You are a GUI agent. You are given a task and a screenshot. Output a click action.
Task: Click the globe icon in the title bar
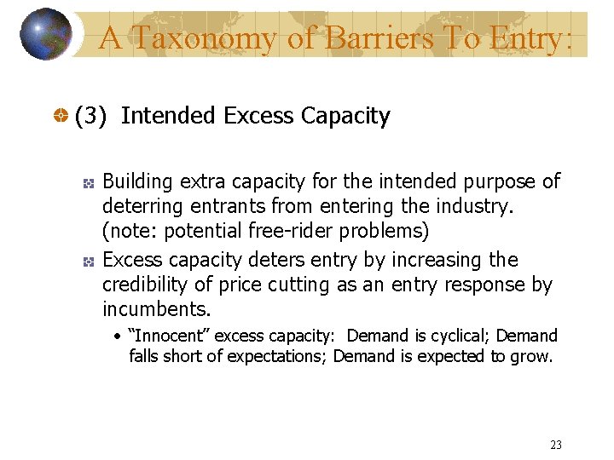pos(45,34)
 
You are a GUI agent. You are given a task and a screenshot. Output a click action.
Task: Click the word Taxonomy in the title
pos(182,38)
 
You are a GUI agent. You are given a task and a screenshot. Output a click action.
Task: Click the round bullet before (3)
pos(62,117)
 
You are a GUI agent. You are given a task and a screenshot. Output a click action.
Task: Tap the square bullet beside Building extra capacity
pos(87,183)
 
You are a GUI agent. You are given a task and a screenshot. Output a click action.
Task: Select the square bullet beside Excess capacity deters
pos(87,262)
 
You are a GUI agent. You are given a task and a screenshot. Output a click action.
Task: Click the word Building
pos(136,181)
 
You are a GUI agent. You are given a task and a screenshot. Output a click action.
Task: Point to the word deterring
pos(140,206)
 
